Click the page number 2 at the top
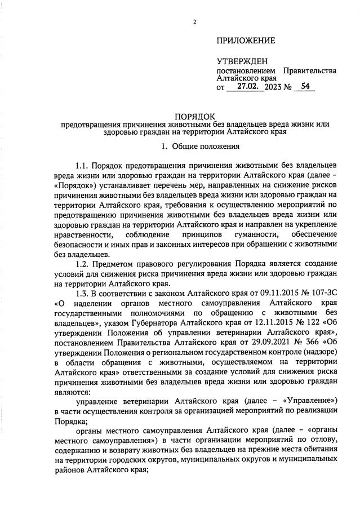194,23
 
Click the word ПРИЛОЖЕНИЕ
246,41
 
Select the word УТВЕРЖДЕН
242,61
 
